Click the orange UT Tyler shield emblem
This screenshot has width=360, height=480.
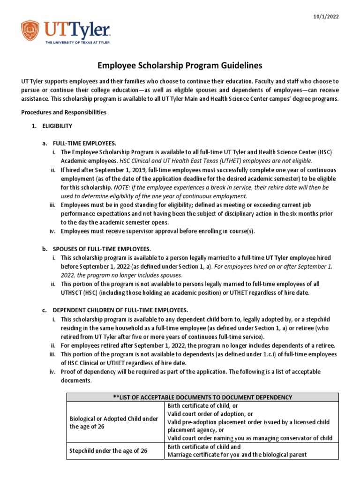tap(30, 30)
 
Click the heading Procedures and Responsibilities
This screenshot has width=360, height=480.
tap(64, 112)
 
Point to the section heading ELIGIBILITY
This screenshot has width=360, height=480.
tap(57, 126)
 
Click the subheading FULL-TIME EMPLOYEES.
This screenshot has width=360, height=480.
tap(85, 143)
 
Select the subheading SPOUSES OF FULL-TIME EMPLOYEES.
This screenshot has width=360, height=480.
tap(102, 249)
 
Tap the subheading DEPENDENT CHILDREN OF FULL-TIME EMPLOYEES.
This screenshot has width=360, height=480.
tap(120, 310)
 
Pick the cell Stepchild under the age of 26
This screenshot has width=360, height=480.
tap(108, 450)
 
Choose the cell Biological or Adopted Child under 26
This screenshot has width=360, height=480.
tap(114, 422)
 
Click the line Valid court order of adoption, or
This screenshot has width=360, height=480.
tap(210, 414)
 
